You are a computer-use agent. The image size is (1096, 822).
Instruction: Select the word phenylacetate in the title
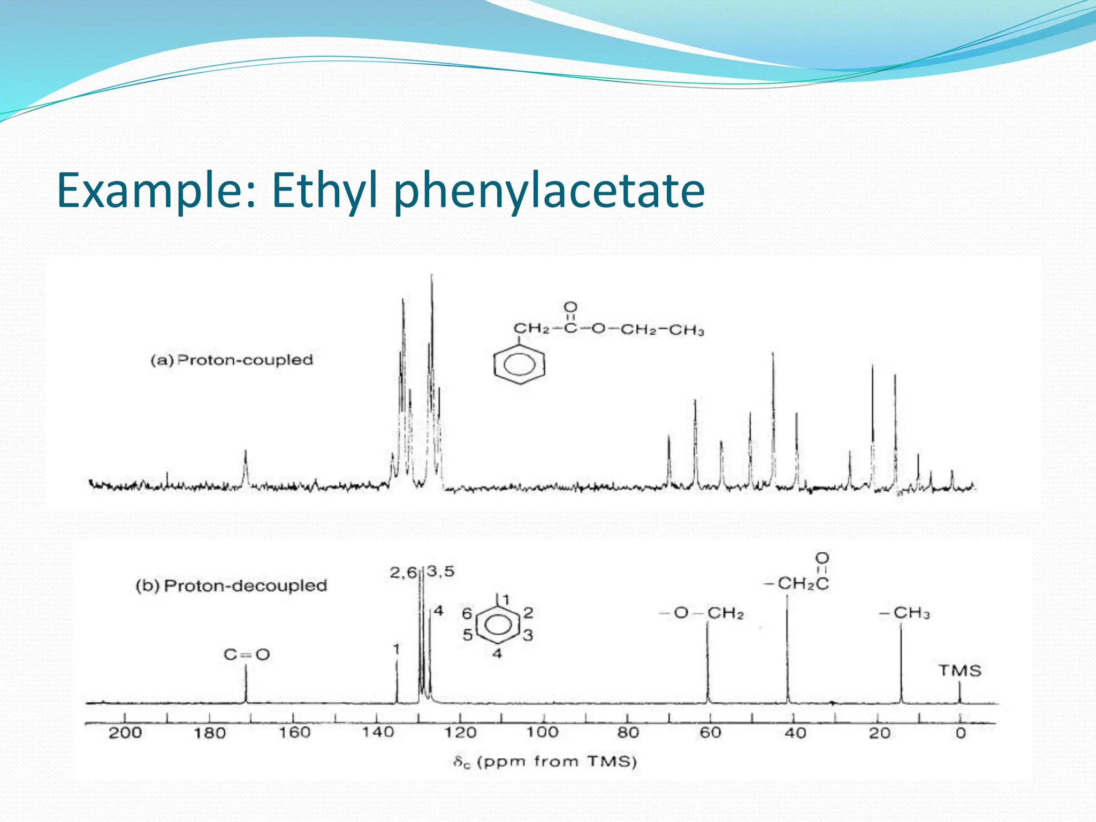[x=549, y=191]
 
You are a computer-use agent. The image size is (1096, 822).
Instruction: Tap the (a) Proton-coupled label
[x=231, y=360]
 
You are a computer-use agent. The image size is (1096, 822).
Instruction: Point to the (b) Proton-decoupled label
[x=231, y=585]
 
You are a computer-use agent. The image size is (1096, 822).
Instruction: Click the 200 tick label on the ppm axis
[x=125, y=732]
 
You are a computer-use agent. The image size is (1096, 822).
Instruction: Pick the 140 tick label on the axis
[x=378, y=732]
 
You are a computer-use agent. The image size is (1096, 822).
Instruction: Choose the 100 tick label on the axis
[x=543, y=732]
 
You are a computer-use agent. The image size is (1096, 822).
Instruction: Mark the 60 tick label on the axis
[x=711, y=732]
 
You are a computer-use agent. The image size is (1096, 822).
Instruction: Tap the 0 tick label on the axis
[x=961, y=733]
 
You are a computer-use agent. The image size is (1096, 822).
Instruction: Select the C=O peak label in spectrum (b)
[x=247, y=654]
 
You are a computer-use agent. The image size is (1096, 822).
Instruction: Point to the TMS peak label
[x=960, y=671]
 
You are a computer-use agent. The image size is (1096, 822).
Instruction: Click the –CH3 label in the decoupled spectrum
[x=904, y=613]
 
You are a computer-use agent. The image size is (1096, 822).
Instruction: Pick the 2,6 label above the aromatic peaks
[x=403, y=573]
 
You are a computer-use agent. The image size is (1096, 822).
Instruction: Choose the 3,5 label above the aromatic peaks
[x=441, y=572]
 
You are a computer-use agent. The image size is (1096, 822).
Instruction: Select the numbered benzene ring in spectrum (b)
[x=498, y=624]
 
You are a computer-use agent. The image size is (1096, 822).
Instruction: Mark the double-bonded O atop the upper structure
[x=571, y=307]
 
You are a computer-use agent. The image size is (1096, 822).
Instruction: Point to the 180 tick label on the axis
[x=209, y=732]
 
